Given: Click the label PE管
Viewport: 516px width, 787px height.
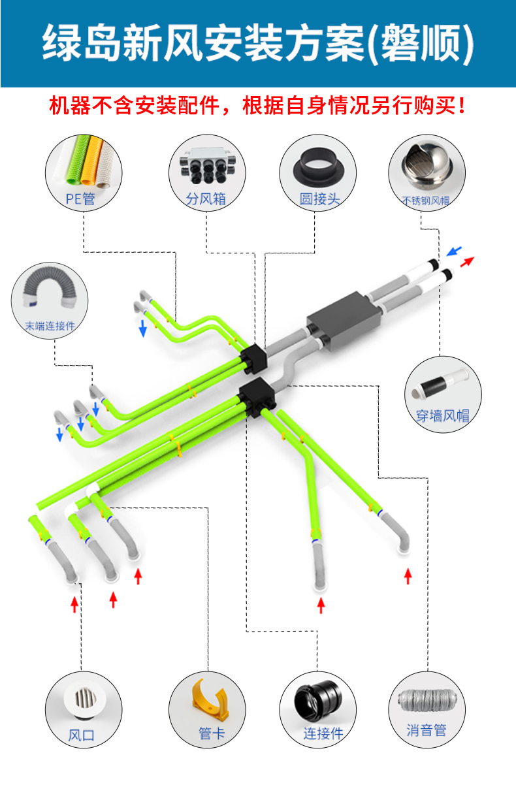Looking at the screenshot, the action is (80, 199).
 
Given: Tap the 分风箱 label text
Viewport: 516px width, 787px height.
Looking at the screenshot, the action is (206, 199).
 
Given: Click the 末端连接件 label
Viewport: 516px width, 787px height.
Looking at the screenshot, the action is (50, 326).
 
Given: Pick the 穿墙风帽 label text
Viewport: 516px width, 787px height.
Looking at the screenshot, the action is (443, 415).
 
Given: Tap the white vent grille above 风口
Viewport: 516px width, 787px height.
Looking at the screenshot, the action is (85, 699).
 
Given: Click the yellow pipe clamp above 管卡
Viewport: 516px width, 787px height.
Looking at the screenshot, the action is (210, 699).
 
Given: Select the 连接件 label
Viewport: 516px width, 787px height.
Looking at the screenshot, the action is (323, 733).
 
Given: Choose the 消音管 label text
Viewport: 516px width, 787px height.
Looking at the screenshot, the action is (427, 730).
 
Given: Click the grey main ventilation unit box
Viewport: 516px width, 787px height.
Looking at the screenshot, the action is (344, 320).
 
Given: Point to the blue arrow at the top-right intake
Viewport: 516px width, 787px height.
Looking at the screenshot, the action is (454, 251).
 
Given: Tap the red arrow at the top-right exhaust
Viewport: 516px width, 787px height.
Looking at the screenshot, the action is (467, 262).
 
